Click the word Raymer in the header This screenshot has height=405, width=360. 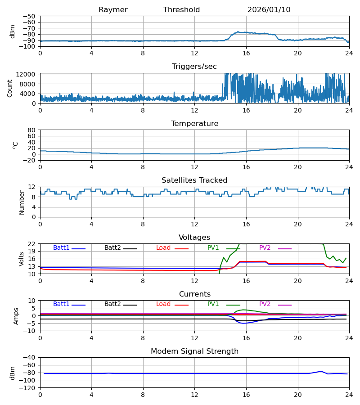point(113,10)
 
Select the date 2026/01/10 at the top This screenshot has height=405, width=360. point(269,10)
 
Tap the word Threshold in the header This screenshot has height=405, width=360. point(181,10)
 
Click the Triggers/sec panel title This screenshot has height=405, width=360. point(194,67)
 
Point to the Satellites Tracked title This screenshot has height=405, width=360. point(194,180)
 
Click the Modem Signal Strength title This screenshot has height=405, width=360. point(194,351)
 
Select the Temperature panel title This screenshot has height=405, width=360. point(194,124)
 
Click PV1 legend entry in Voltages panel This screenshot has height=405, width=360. point(213,248)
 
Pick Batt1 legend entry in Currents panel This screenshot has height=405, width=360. point(61,304)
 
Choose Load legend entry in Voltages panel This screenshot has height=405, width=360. point(163,248)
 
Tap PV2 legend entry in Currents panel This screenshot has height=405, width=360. point(265,304)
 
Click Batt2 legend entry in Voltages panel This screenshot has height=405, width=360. point(112,248)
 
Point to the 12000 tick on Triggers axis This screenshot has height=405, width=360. point(28,74)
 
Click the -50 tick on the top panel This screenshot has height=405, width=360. point(31,16)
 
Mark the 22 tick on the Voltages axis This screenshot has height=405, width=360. point(32,244)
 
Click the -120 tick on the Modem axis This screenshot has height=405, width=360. point(29,388)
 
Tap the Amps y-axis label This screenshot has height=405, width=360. point(17,316)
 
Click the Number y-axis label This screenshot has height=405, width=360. point(22,202)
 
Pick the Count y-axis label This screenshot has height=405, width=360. point(10,88)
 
